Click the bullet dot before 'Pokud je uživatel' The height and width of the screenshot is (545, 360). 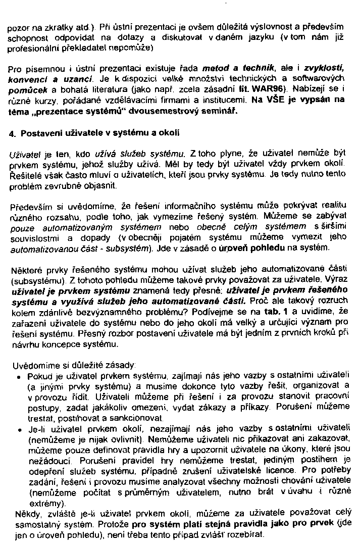click(x=18, y=377)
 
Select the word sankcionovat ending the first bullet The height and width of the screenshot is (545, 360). click(x=139, y=419)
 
